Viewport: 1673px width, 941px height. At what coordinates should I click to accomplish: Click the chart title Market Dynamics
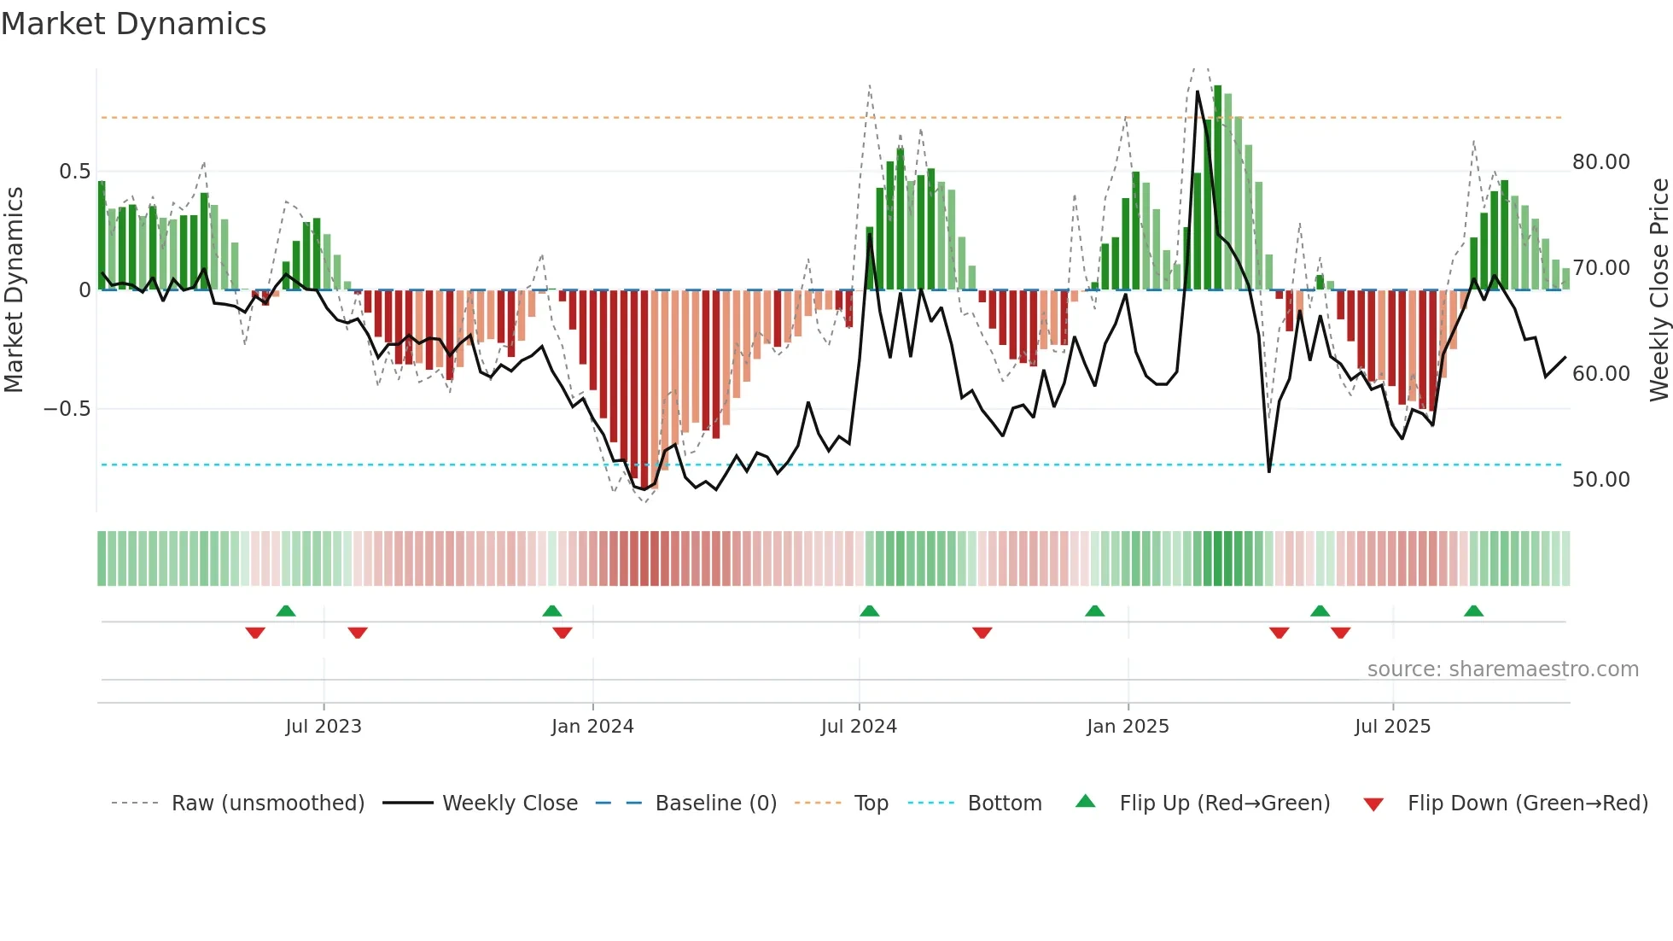coord(134,24)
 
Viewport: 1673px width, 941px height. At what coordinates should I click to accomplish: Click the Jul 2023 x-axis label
coord(324,727)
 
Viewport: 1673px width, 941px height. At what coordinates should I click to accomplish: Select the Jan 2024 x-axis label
coord(592,727)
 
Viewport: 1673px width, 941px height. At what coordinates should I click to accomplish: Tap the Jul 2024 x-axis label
coord(859,727)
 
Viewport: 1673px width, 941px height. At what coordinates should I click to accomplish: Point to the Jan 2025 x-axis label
coord(1128,727)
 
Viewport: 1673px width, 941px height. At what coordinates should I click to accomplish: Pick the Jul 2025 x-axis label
coord(1392,727)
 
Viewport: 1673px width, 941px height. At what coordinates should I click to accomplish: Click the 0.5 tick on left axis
coord(75,172)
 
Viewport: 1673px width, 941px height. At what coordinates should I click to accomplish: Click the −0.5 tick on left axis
coord(67,409)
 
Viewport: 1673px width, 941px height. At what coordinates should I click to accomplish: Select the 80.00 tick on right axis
coord(1600,162)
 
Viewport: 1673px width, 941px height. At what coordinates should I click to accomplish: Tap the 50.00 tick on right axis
coord(1600,480)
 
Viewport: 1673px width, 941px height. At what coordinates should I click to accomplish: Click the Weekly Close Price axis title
coord(1658,290)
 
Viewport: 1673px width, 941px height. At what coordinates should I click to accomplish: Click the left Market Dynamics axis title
coord(14,290)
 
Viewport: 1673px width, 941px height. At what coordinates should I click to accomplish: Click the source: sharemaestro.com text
coord(1502,669)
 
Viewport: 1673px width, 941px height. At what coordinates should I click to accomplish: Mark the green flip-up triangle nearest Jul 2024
coord(869,611)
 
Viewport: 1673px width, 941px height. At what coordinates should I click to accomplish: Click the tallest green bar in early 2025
coord(1218,188)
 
